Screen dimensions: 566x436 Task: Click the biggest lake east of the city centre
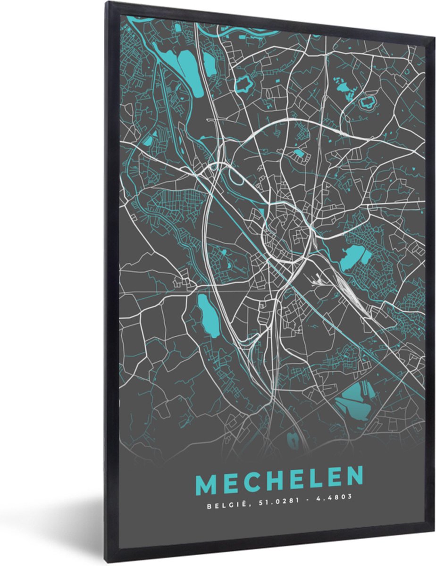(354, 258)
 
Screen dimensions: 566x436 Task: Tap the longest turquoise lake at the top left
(186, 68)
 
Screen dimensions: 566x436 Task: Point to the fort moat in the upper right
(367, 101)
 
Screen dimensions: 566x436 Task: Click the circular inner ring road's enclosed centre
(288, 231)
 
